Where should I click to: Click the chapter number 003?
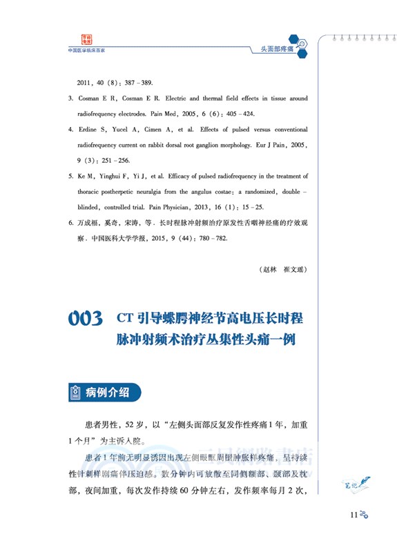pos(86,319)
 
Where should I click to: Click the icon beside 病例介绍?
pos(74,393)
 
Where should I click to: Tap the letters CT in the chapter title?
pos(124,319)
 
